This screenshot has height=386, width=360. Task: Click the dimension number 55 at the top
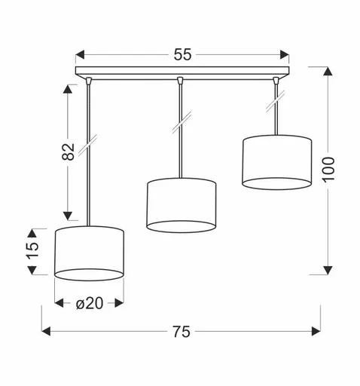pos(183,54)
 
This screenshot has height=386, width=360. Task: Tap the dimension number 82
pos(69,152)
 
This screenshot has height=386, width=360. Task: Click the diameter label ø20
pos(90,303)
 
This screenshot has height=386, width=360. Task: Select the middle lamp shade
pos(181,205)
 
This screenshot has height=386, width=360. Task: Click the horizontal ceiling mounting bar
pos(183,73)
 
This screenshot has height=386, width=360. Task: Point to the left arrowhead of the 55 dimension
pos(81,54)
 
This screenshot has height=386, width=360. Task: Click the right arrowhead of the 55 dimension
pos(285,54)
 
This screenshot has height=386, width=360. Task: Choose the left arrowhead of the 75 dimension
pos(45,330)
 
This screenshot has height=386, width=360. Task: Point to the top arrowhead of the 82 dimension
pos(69,88)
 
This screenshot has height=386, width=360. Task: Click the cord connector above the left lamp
pos(90,80)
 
